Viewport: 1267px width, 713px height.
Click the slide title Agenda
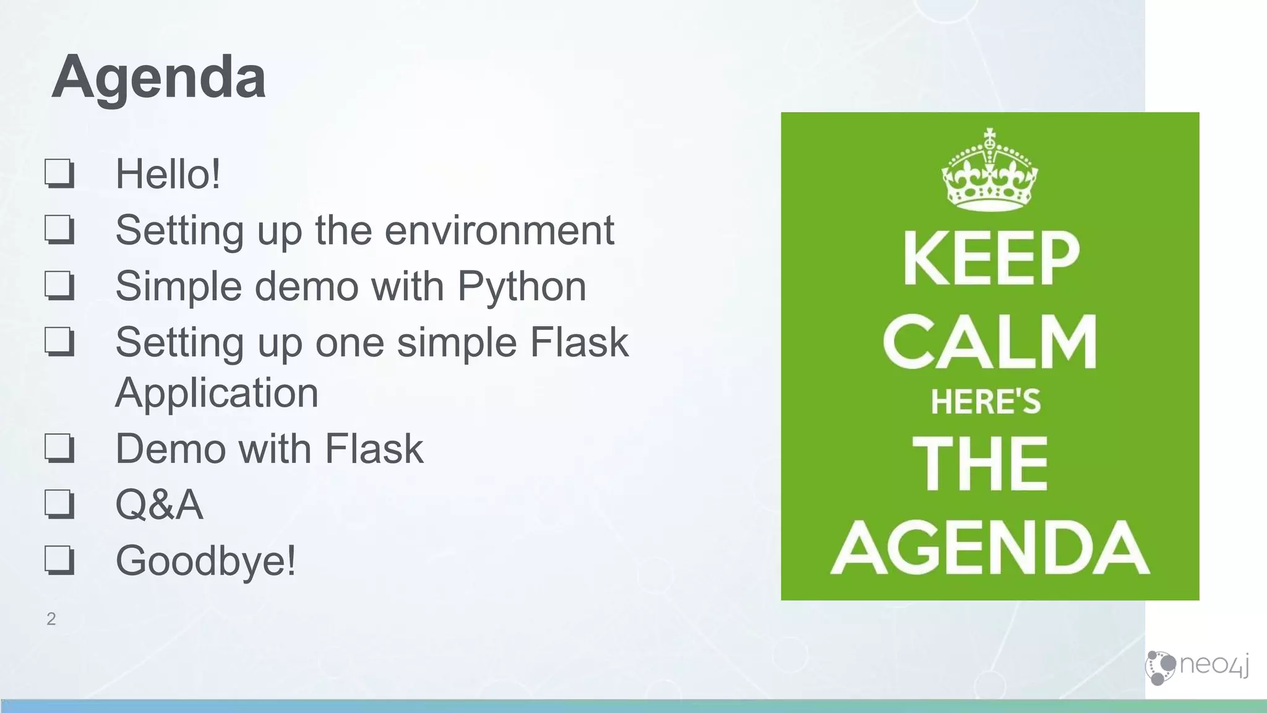(x=159, y=77)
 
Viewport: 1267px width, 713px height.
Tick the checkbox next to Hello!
(x=59, y=173)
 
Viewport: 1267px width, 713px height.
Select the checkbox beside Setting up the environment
(x=59, y=230)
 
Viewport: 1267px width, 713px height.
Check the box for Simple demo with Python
(x=59, y=286)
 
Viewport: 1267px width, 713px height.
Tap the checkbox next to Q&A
(x=59, y=504)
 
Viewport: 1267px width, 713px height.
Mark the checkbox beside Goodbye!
(x=59, y=560)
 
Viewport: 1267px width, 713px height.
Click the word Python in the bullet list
(x=522, y=287)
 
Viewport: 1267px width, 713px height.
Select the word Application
(x=217, y=393)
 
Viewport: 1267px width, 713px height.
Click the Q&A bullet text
(x=159, y=504)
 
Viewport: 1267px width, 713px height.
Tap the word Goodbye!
(x=205, y=561)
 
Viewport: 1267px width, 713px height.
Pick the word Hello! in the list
(x=168, y=174)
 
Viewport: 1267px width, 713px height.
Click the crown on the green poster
(x=989, y=170)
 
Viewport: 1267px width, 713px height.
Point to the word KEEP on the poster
(x=990, y=259)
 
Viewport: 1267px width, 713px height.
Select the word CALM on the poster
(x=990, y=341)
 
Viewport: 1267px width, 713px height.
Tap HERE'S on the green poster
(x=986, y=402)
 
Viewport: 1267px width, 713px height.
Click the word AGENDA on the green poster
(x=990, y=548)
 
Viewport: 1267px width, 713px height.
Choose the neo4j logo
(x=1197, y=667)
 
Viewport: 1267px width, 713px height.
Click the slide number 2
(x=51, y=619)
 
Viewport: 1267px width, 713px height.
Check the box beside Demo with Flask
(x=59, y=448)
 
